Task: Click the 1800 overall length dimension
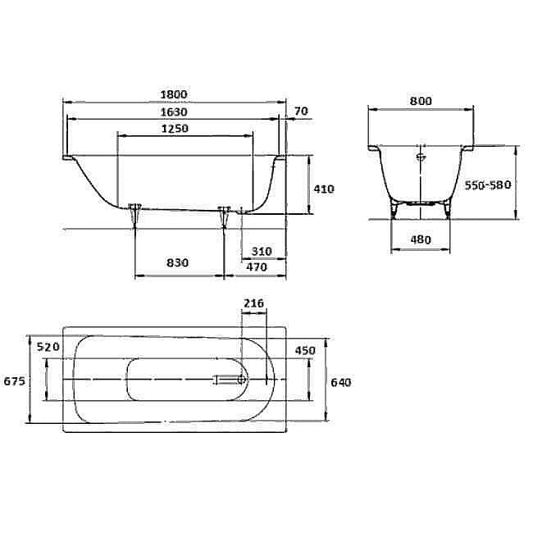pos(174,94)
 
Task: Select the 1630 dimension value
pos(174,112)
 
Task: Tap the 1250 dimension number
pos(174,129)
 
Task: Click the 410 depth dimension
pos(324,189)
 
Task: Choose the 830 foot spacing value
pos(177,263)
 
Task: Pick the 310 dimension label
pos(262,250)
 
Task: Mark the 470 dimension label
pos(262,266)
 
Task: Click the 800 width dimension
pos(420,101)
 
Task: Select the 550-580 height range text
pos(488,185)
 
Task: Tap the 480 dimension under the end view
pos(420,239)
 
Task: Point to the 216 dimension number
pos(254,303)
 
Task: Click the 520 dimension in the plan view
pos(49,348)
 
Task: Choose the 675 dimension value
pos(15,381)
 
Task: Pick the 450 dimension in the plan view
pos(305,350)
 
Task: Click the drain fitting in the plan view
pos(231,380)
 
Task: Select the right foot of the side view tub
pos(225,216)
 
